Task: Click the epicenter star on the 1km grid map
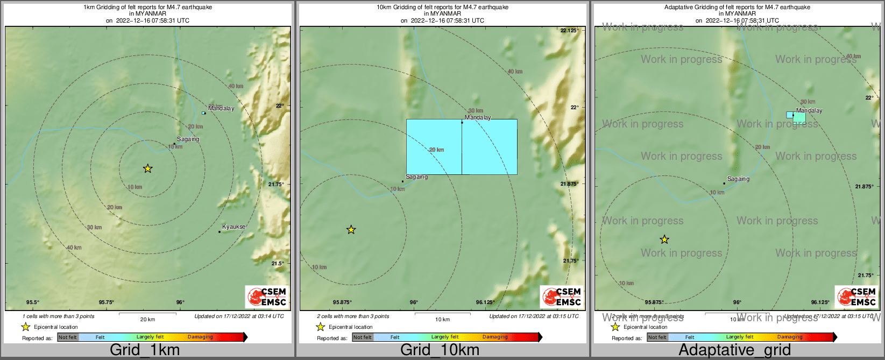[x=148, y=168]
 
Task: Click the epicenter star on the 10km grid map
[x=351, y=230]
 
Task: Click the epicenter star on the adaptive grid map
[x=664, y=239]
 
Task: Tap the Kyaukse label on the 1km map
[x=233, y=227]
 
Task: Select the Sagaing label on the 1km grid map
[x=188, y=139]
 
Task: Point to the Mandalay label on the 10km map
[x=478, y=117]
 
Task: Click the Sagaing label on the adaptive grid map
[x=738, y=179]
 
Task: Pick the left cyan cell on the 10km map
[x=434, y=147]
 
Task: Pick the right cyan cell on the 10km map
[x=490, y=147]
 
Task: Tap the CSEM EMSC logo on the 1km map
[x=267, y=297]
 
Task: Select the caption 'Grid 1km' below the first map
[x=145, y=350]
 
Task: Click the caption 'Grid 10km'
[x=440, y=350]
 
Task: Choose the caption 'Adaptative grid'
[x=734, y=350]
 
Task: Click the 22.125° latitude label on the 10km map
[x=569, y=31]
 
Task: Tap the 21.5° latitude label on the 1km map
[x=278, y=263]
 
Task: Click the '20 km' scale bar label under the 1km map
[x=147, y=320]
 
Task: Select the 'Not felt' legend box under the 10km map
[x=363, y=337]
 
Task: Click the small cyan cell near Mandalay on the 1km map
[x=203, y=113]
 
